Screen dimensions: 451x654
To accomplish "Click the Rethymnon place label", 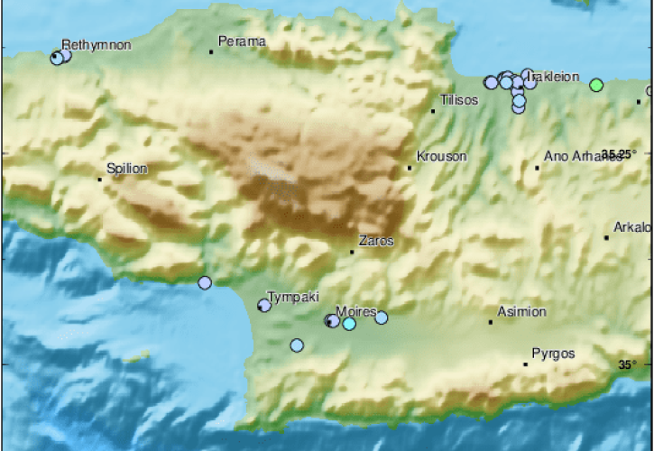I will pyautogui.click(x=97, y=44).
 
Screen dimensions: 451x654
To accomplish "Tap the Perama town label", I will pyautogui.click(x=243, y=41).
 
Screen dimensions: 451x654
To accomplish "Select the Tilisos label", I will pyautogui.click(x=459, y=100).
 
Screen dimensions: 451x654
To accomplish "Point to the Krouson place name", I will pyautogui.click(x=442, y=156).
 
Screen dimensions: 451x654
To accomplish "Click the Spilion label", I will pyautogui.click(x=127, y=168).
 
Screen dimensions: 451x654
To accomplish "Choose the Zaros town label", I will pyautogui.click(x=376, y=241).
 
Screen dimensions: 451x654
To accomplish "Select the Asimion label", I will pyautogui.click(x=523, y=311).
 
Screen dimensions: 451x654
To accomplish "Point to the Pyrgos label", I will pyautogui.click(x=553, y=353).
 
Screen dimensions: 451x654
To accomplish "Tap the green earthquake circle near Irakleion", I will pyautogui.click(x=595, y=85).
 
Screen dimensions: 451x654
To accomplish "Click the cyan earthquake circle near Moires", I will pyautogui.click(x=349, y=323).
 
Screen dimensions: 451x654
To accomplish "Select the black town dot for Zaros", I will pyautogui.click(x=352, y=251).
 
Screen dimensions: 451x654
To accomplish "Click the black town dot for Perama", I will pyautogui.click(x=211, y=51).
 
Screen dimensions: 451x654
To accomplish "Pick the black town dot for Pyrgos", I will pyautogui.click(x=526, y=364).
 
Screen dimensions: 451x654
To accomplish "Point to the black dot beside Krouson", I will pyautogui.click(x=410, y=167).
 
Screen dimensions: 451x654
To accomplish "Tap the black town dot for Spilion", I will pyautogui.click(x=100, y=179).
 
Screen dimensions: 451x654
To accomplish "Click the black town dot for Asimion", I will pyautogui.click(x=491, y=322).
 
